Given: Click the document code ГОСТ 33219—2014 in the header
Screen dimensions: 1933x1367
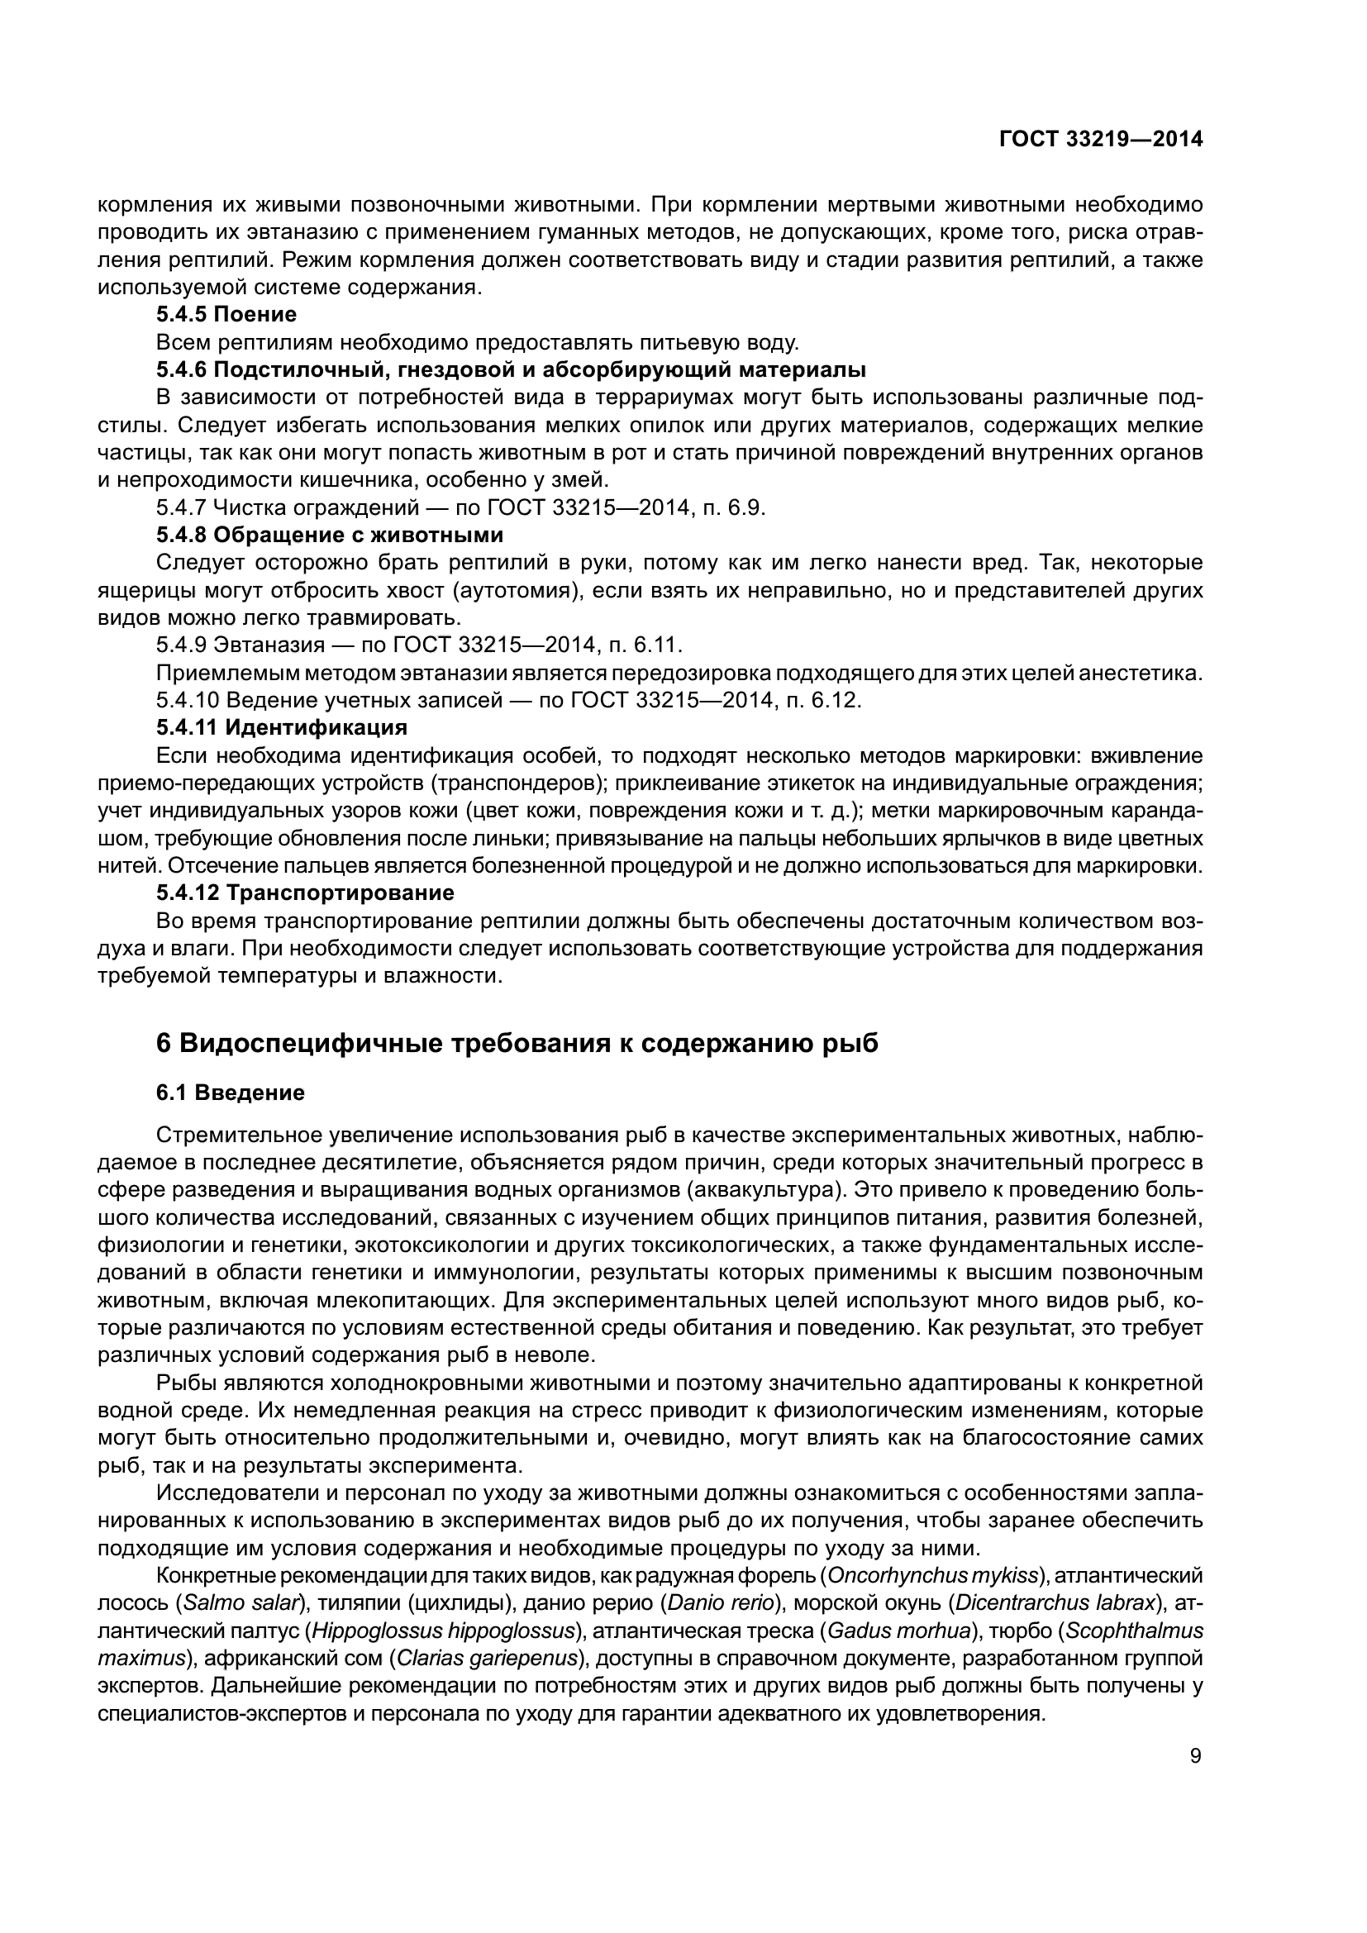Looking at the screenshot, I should point(1100,140).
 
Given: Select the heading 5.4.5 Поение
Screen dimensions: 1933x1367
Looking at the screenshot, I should point(226,315).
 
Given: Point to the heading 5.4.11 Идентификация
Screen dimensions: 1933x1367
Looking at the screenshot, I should point(282,727).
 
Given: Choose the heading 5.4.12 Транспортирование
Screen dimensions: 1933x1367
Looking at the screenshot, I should point(306,893).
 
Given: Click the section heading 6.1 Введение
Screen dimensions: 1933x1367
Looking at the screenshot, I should point(231,1093).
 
